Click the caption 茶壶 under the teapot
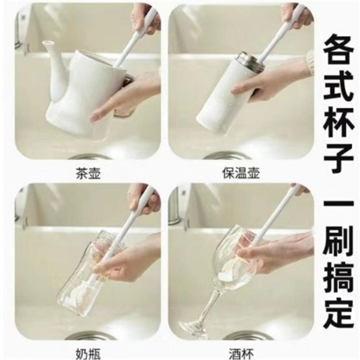(x=88, y=174)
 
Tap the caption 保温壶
(x=241, y=173)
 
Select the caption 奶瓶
(x=88, y=354)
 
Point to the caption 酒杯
(x=241, y=354)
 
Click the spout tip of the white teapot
(x=47, y=43)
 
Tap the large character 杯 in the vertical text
(x=338, y=122)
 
